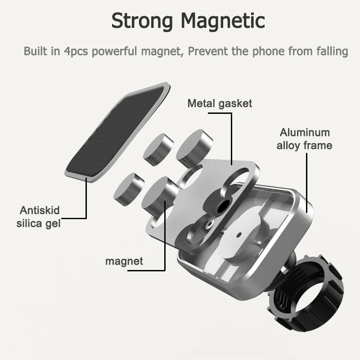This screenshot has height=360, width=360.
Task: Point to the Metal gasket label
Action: point(220,103)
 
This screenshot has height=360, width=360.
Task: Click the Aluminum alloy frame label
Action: point(304,139)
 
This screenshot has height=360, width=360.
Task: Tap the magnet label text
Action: point(124,261)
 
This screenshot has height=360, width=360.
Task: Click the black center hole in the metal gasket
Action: point(222,207)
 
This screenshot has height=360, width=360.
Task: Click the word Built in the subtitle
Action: point(36,51)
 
